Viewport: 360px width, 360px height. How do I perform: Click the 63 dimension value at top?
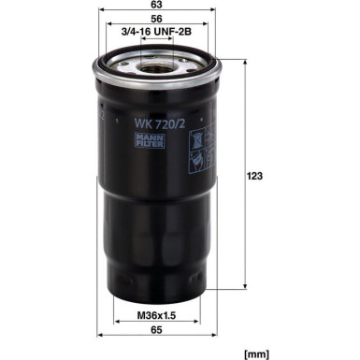(x=156, y=4)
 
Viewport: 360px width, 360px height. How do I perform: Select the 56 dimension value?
(x=156, y=19)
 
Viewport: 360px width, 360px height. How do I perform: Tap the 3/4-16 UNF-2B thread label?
(x=156, y=31)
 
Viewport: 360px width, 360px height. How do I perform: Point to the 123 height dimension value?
(x=254, y=176)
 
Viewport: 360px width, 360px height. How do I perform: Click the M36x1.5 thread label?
(x=156, y=315)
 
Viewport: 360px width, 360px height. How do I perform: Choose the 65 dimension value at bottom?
(x=156, y=330)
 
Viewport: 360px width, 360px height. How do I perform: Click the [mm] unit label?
(x=256, y=354)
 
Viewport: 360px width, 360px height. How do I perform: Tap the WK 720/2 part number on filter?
(x=160, y=124)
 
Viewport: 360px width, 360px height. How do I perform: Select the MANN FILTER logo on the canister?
(x=150, y=140)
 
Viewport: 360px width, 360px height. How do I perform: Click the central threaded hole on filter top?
(x=157, y=68)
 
